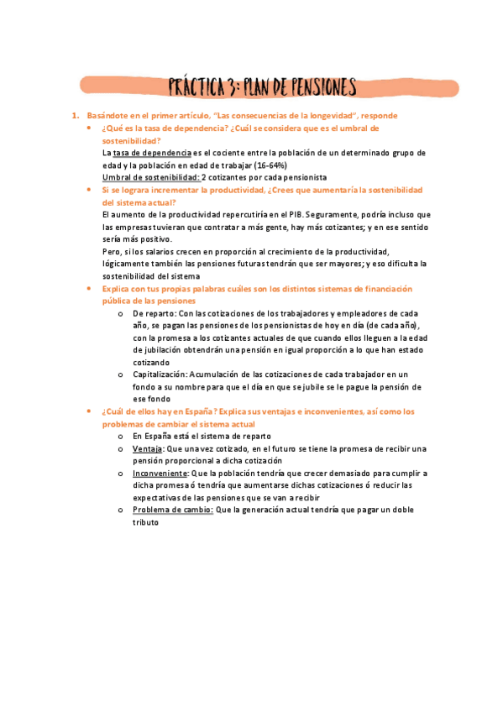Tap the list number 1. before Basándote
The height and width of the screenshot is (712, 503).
74,115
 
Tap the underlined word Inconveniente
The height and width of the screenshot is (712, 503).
160,474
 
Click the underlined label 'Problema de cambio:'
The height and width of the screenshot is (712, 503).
173,510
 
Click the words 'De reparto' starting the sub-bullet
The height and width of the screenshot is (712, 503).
155,313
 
